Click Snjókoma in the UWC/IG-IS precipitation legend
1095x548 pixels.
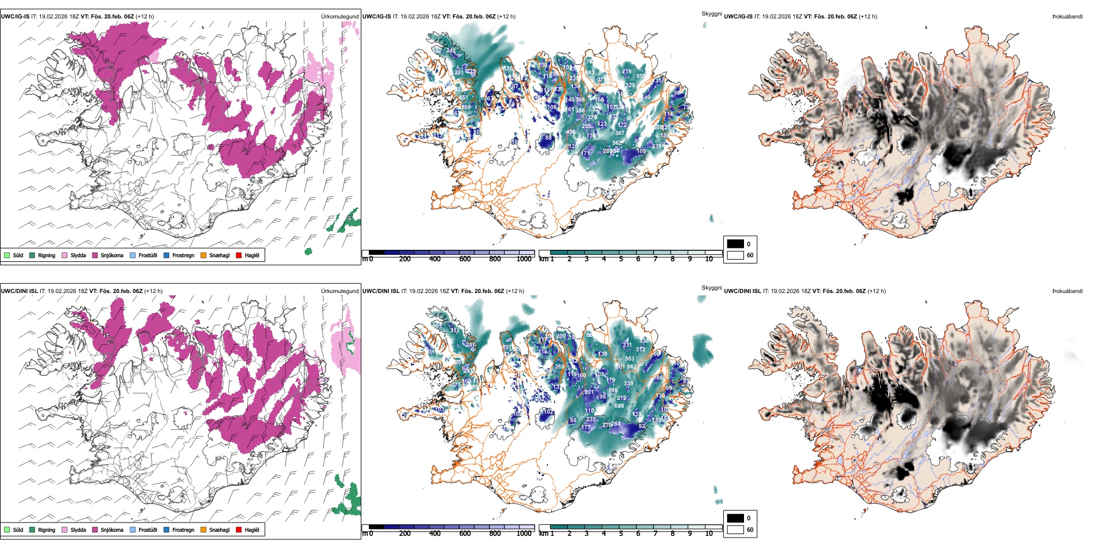[112, 255]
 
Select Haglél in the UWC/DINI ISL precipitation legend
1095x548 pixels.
[252, 530]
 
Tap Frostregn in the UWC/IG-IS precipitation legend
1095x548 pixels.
[183, 255]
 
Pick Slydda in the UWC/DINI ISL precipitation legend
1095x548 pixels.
[78, 530]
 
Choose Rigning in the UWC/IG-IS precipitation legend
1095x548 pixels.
[46, 255]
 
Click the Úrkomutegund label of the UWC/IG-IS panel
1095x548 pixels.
[339, 16]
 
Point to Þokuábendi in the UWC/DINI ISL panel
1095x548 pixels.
[1067, 291]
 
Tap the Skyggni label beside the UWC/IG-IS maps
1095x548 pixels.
[711, 13]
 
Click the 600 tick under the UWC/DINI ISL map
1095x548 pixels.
[465, 534]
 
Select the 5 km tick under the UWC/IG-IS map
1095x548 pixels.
[621, 259]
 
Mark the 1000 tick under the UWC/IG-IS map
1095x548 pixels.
[524, 259]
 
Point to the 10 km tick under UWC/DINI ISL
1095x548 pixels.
[709, 534]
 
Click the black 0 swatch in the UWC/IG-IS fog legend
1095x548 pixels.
[735, 244]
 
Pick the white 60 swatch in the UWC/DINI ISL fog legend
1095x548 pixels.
[735, 530]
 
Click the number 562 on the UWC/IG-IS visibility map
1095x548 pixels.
[617, 143]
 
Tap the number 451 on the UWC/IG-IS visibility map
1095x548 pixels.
[463, 97]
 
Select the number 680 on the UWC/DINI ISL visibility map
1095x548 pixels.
[619, 406]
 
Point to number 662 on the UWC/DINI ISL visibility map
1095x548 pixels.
[632, 366]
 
